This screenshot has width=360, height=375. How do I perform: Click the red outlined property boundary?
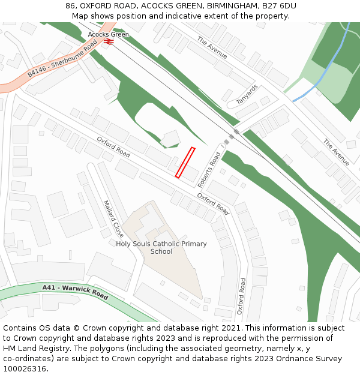click(x=185, y=163)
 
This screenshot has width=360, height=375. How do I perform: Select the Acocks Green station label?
click(x=109, y=34)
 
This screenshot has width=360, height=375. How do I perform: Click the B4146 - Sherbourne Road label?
click(x=62, y=56)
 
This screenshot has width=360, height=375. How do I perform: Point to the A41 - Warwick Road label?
click(x=75, y=292)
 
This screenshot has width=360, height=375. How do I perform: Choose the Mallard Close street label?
click(x=113, y=218)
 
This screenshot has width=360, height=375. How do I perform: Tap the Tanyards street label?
click(x=247, y=94)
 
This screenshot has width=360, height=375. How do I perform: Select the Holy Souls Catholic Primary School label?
click(x=161, y=248)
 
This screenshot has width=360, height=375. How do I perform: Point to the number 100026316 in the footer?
click(x=26, y=369)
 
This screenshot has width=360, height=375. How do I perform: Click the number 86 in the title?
click(x=70, y=6)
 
